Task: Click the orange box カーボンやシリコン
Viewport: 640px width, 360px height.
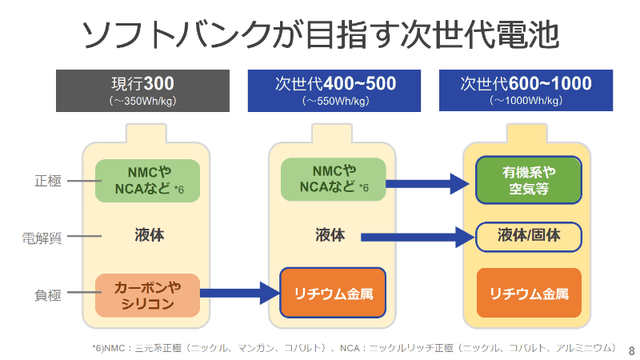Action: coord(147,295)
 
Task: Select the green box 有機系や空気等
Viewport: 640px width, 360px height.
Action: coord(528,181)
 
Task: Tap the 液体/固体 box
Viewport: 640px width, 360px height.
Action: coord(528,236)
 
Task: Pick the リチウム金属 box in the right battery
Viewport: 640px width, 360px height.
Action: coord(528,293)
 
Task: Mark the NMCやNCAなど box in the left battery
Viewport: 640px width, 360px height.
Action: coord(147,181)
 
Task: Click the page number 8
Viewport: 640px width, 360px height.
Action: coord(631,350)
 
